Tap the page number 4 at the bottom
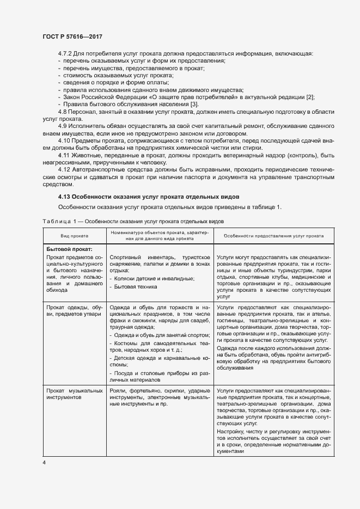coord(44,462)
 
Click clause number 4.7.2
coord(65,53)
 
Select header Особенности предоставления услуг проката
coord(270,236)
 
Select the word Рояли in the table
coord(118,391)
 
